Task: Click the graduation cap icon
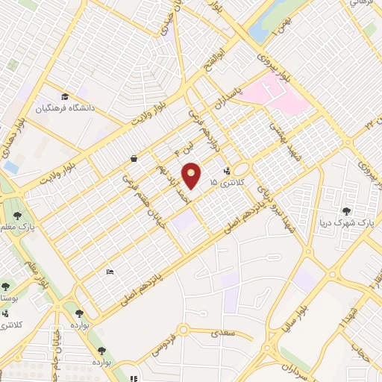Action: click(65, 98)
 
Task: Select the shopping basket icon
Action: click(133, 159)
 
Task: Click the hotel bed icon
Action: click(110, 271)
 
